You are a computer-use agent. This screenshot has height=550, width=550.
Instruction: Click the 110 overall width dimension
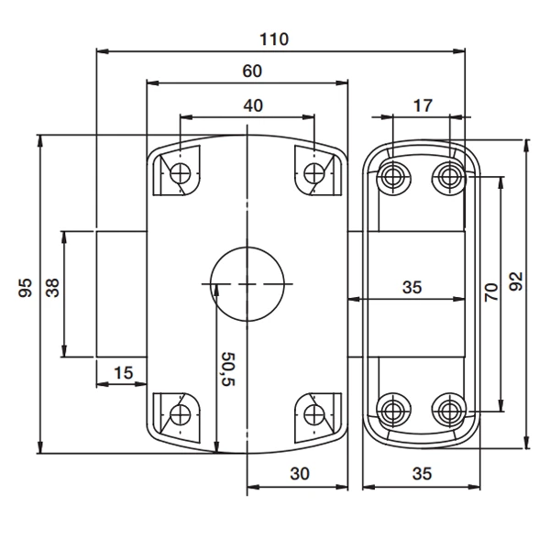pos(274,38)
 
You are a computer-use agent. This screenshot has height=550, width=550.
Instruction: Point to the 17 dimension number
pos(422,105)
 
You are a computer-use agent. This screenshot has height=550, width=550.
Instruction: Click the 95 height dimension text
pos(26,290)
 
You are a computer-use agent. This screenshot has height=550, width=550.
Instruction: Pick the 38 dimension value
pos(52,290)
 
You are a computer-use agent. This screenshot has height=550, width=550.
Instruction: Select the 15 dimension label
pos(124,371)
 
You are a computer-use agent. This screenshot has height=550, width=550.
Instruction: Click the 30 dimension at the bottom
pos(299,473)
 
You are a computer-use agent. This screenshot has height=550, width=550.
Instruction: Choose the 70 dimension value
pos(490,292)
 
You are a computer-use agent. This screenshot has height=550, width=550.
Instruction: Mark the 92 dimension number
pos(515,280)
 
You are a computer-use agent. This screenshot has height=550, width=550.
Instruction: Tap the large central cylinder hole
pos(247,282)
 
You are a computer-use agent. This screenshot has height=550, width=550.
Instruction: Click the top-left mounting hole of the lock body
pos(182,171)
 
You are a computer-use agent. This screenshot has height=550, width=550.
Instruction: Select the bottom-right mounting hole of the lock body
pos(315,412)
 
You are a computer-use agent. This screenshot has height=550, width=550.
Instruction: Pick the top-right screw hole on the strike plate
pos(448,174)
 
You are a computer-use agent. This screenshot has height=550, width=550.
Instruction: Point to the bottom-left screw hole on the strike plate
pos(396,408)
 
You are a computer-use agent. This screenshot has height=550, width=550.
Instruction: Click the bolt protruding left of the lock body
pos(122,293)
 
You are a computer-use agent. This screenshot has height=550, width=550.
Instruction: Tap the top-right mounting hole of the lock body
pos(315,171)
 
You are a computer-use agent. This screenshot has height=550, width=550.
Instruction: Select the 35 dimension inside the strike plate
pos(412,287)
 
